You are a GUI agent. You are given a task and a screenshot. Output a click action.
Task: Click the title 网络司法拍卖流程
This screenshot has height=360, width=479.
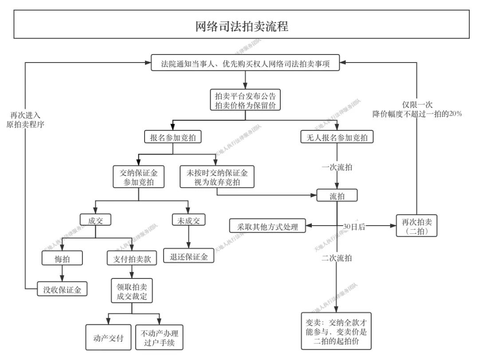click(x=242, y=26)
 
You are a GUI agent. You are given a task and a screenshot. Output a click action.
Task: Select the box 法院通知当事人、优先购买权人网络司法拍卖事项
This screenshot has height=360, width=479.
click(x=245, y=63)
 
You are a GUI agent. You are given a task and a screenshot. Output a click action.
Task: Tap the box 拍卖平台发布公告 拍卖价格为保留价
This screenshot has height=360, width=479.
click(x=245, y=100)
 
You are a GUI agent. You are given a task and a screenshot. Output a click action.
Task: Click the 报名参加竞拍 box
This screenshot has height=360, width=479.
click(x=173, y=137)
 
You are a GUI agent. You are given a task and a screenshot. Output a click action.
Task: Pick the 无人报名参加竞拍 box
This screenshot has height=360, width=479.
click(x=337, y=137)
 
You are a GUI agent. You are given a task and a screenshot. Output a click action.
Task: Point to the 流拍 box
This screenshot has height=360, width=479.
click(x=337, y=196)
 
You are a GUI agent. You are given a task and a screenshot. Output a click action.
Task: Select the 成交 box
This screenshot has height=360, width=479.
click(x=95, y=220)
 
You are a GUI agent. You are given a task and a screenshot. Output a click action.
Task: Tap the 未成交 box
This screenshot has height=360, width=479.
click(x=188, y=220)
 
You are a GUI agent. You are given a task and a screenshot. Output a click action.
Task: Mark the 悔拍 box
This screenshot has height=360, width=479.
click(x=62, y=258)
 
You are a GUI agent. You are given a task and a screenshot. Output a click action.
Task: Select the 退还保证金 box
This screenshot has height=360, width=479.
click(x=188, y=256)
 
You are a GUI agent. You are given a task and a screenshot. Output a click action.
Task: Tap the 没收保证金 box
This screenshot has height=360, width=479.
click(x=62, y=290)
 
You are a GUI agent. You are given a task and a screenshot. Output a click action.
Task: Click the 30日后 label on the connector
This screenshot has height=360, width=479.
click(x=354, y=227)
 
